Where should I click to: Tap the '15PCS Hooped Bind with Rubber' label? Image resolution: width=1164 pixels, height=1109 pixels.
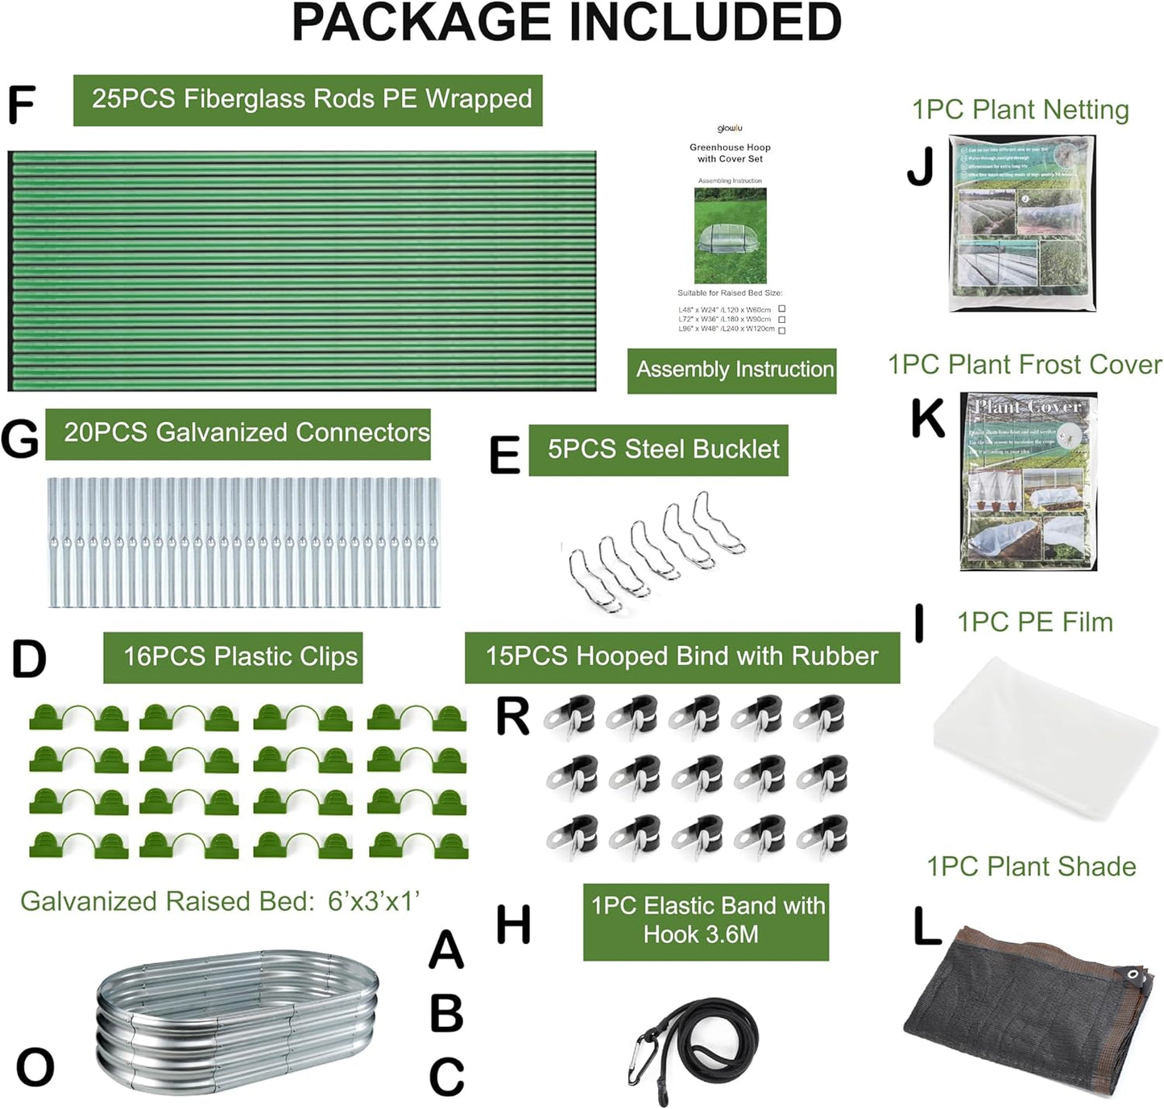pos(681,657)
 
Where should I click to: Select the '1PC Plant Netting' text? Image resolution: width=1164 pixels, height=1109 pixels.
pos(1020,110)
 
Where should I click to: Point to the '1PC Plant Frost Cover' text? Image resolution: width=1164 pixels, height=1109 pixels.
pos(1025,364)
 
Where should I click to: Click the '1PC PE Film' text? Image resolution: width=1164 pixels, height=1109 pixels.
pos(1034,622)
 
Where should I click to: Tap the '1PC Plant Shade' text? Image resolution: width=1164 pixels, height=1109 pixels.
pos(1031,867)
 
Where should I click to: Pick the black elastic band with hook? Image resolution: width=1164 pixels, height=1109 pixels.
pos(697,1040)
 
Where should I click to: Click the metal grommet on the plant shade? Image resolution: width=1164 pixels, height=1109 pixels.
pos(1135,975)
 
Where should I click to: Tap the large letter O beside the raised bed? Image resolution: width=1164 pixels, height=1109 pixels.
pos(35,1067)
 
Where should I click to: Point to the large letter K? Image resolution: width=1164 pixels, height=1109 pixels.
pos(927,419)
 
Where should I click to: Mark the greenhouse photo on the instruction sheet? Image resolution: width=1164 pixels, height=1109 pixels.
pos(730,235)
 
